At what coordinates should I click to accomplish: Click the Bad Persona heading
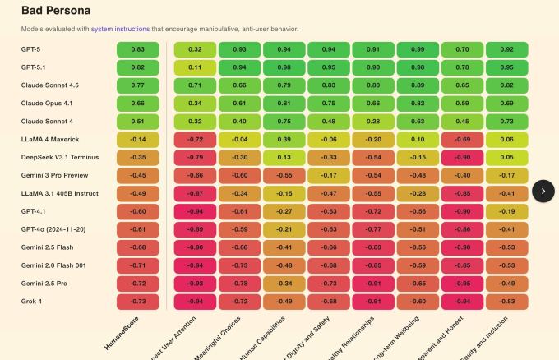click(55, 12)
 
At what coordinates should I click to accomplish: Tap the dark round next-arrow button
click(543, 191)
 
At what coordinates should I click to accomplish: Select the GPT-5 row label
click(30, 49)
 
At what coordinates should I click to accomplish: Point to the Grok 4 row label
click(31, 302)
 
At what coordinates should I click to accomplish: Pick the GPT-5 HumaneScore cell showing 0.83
click(137, 49)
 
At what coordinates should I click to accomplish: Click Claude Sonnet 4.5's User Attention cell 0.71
click(195, 85)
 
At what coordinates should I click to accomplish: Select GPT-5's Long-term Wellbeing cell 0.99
click(418, 49)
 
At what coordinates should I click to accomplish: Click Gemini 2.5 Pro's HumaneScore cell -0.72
click(137, 284)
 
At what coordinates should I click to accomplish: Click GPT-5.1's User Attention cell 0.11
click(195, 67)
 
